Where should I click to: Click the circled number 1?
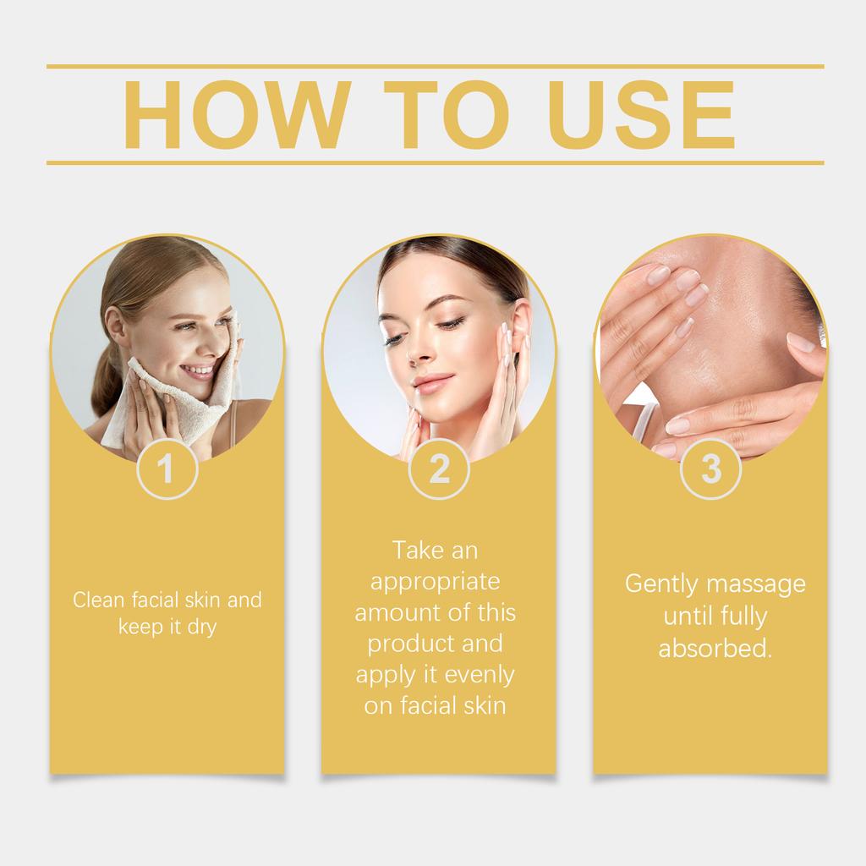[x=167, y=469]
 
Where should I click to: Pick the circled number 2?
[x=439, y=469]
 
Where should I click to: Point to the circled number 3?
[x=711, y=469]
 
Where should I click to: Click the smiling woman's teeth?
[x=199, y=370]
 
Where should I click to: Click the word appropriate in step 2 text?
[x=435, y=583]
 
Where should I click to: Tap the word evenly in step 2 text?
[x=480, y=675]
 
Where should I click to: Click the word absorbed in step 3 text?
[x=715, y=649]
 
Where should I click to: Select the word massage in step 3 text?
[x=758, y=584]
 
